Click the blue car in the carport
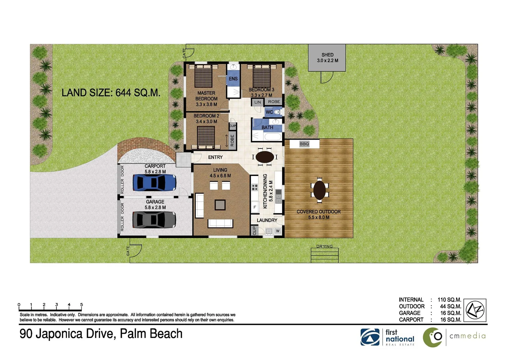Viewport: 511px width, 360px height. (154, 183)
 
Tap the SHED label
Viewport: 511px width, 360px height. (327, 55)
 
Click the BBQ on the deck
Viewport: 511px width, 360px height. (304, 144)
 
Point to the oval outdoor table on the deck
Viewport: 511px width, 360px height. (319, 190)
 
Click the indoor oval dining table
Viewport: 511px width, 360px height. (264, 157)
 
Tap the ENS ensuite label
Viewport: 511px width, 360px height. (233, 79)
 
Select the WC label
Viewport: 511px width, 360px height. (269, 112)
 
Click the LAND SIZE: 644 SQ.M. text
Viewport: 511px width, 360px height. (111, 93)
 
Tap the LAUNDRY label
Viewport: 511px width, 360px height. (267, 220)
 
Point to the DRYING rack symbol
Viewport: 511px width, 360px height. (324, 255)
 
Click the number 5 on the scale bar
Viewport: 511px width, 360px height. (81, 305)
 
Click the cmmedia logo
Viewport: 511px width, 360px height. (454, 337)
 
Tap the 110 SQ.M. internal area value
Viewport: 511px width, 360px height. (449, 300)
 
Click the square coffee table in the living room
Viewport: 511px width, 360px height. (220, 204)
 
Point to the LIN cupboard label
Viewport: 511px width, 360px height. (257, 102)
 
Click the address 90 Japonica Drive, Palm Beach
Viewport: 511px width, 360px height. (101, 334)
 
